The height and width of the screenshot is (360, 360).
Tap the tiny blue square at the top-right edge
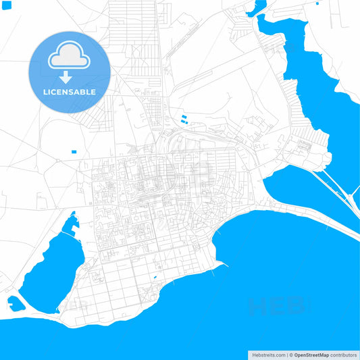318,3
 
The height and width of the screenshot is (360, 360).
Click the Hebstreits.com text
267,355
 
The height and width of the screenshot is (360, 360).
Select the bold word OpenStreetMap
311,355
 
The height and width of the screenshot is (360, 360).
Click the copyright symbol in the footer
290,355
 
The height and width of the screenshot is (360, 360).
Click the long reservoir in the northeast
317,74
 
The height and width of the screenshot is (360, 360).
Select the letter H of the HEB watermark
257,307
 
